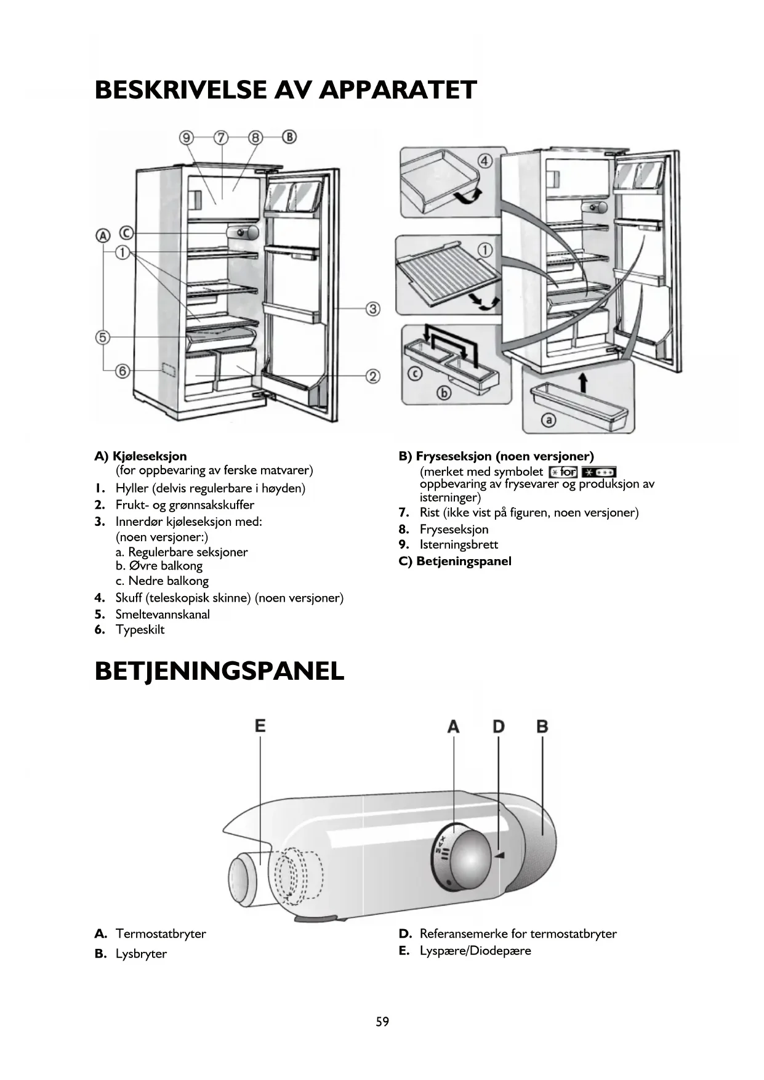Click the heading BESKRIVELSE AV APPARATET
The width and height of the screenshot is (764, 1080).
(x=286, y=90)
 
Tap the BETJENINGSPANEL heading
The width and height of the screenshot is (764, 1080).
(x=219, y=671)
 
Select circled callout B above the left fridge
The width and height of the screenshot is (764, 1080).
(x=289, y=137)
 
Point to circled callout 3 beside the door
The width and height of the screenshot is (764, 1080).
(x=373, y=308)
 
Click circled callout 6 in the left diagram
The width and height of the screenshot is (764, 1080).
(x=123, y=371)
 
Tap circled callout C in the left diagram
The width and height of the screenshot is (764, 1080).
(x=126, y=233)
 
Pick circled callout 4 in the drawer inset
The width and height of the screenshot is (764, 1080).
(x=485, y=161)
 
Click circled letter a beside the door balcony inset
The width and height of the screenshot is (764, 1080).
(x=548, y=420)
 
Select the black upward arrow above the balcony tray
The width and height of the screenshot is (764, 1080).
(x=583, y=382)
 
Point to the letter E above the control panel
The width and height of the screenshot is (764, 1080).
(x=260, y=726)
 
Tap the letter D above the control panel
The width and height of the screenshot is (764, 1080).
(x=498, y=727)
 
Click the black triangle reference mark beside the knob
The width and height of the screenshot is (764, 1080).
(x=500, y=855)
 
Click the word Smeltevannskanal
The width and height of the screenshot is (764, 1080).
(x=163, y=615)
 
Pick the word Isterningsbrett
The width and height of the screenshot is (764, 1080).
(x=459, y=544)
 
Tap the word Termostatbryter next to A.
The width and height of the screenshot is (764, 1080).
(x=161, y=933)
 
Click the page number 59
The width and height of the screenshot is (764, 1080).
(x=382, y=1022)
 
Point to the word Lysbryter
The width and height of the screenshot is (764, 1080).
(x=141, y=954)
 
